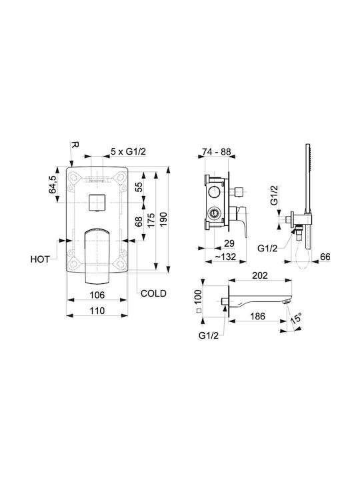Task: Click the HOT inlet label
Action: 40,259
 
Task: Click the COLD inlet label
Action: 153,293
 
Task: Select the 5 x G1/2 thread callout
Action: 128,151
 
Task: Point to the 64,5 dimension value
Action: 53,184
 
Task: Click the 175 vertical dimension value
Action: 151,219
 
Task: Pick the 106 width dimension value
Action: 97,295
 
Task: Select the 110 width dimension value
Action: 97,311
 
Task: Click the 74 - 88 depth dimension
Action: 217,151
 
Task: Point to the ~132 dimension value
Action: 225,257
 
